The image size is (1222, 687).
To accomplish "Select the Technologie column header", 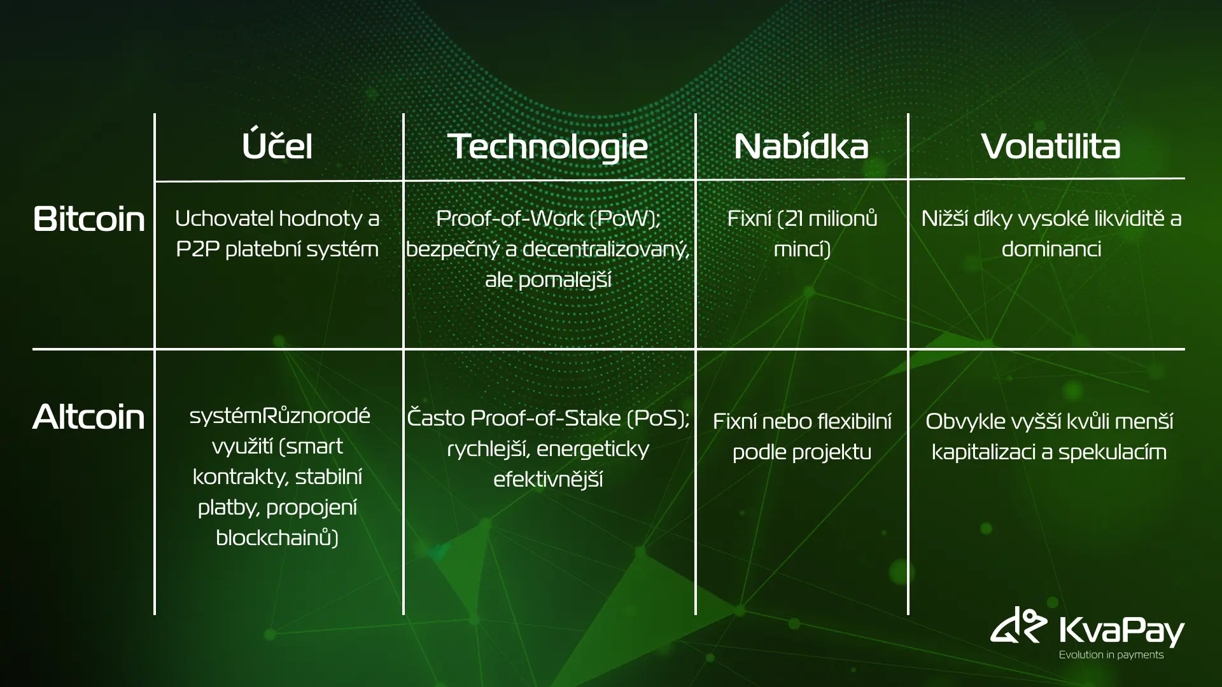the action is pos(547,147).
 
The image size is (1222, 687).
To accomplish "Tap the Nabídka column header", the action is pos(801,146).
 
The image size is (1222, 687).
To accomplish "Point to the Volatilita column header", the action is pos(1051,146).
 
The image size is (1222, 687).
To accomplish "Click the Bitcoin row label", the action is pos(89,219).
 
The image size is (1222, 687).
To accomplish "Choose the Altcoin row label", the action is pos(88,417).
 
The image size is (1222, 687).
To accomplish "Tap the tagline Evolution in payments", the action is pos(1111,655).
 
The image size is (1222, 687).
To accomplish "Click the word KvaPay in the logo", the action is pos(1121,629).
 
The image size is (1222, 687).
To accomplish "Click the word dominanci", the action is pos(1051,249).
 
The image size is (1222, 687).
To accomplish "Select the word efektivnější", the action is pos(548,479).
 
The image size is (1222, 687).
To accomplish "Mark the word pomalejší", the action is pos(548,280).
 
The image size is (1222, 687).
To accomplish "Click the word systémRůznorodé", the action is pos(279,415).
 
